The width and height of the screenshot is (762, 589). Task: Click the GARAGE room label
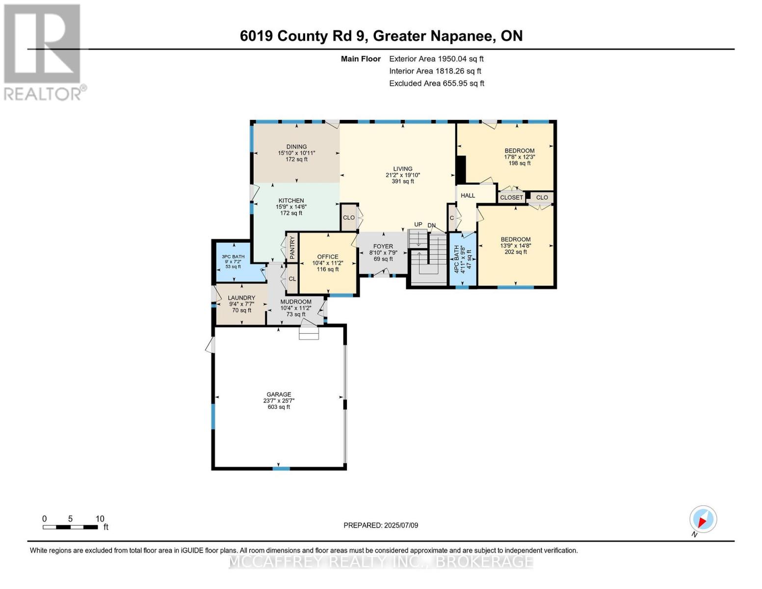tap(279, 394)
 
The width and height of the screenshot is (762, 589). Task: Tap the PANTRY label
tap(292, 247)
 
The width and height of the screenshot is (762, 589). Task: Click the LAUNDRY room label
tap(241, 298)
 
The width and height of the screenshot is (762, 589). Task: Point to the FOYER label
tap(383, 246)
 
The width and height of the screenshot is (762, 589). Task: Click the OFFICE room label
tap(328, 257)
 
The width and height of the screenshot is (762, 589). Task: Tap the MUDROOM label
tap(296, 302)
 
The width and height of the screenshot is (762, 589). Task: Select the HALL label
tap(468, 195)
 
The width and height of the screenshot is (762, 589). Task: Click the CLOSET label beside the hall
tap(511, 198)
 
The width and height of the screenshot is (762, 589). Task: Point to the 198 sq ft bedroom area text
tap(520, 163)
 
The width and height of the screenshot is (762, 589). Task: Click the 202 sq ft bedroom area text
tap(516, 252)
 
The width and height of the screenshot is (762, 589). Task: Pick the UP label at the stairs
tap(418, 224)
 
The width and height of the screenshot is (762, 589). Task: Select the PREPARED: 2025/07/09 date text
tap(381, 525)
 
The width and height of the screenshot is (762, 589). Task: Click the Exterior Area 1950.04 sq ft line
tap(436, 59)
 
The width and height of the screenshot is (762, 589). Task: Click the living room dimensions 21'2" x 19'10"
tap(402, 175)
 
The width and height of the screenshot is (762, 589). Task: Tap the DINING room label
tap(296, 147)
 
